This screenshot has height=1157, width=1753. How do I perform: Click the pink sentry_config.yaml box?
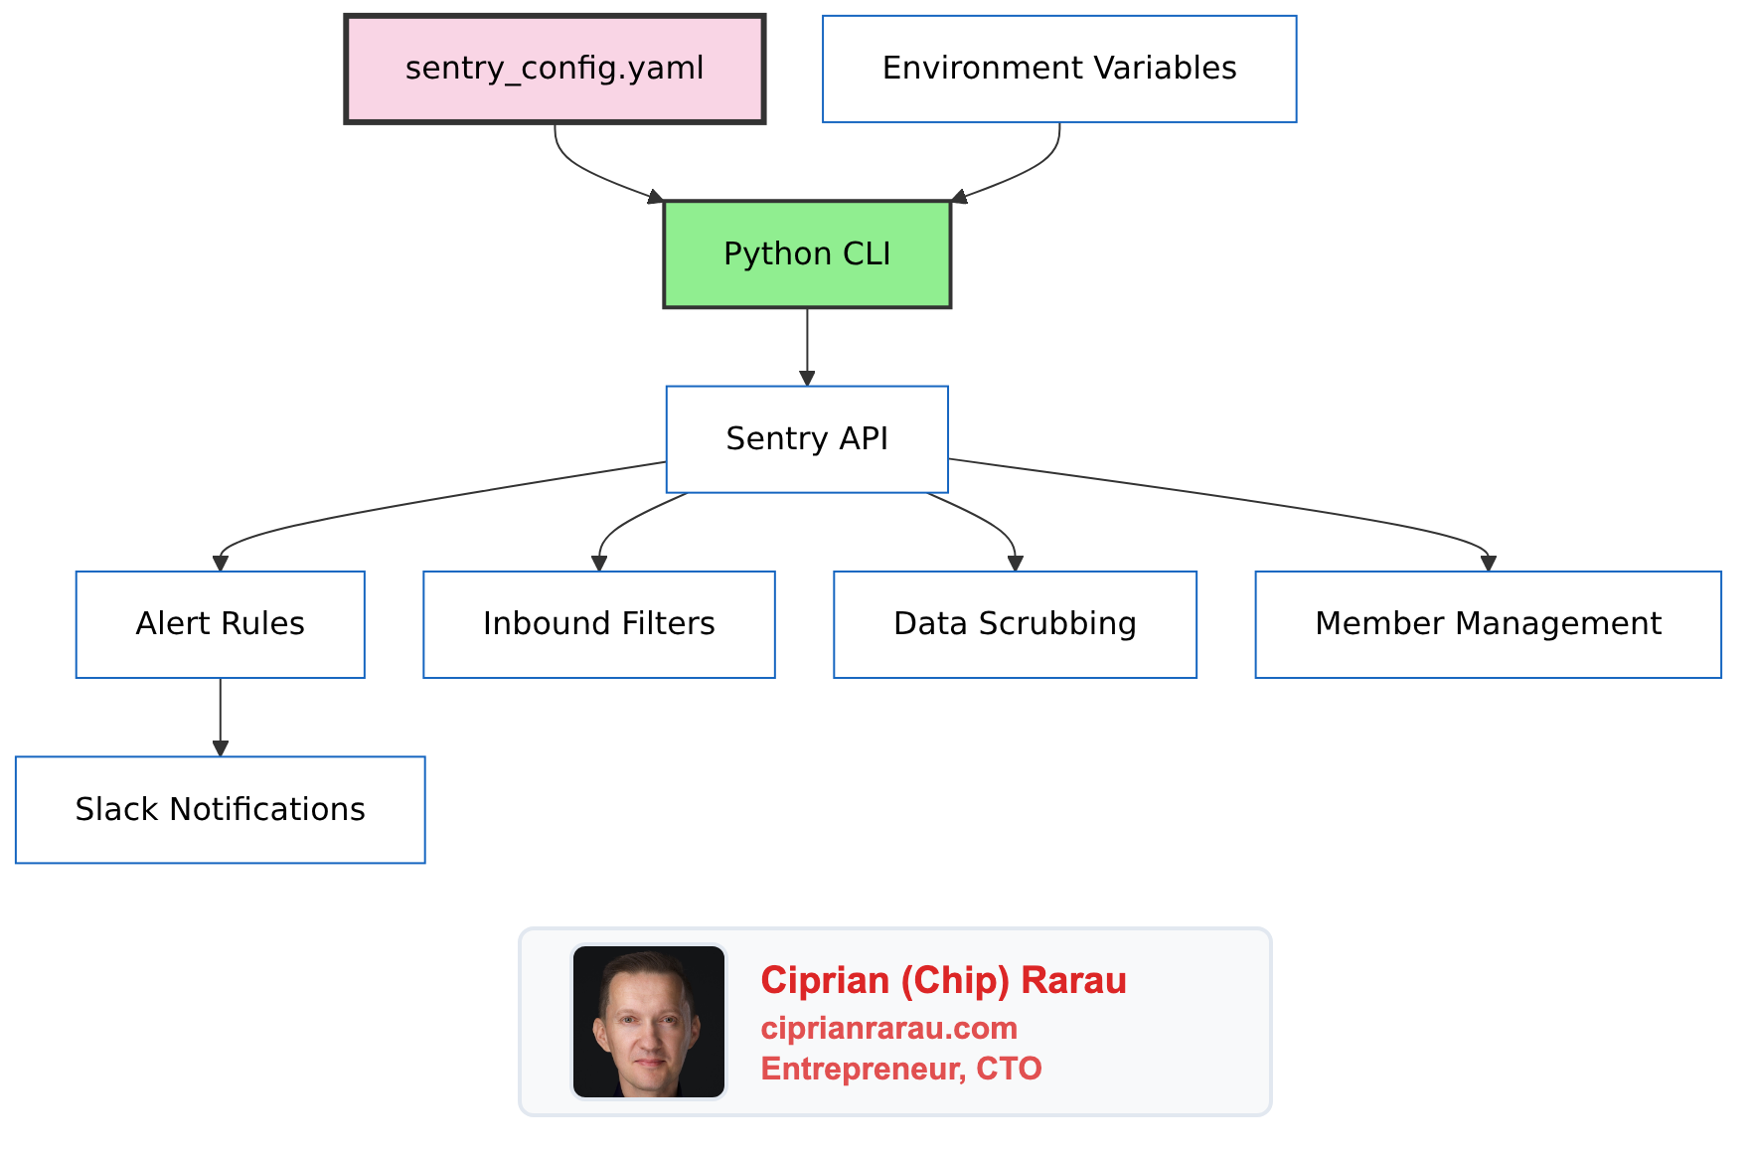click(555, 69)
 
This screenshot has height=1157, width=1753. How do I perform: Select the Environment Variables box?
click(1059, 69)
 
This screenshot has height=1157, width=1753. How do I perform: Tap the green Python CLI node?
click(807, 254)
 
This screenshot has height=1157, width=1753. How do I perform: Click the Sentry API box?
click(807, 439)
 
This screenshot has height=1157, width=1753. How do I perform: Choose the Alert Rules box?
click(220, 624)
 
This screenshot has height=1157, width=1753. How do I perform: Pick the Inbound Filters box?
click(598, 624)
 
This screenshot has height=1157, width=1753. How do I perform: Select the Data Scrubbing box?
click(1015, 624)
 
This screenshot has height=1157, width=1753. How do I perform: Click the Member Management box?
click(1488, 624)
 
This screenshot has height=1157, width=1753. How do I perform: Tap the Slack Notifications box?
click(220, 810)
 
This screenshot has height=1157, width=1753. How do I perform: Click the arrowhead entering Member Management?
click(1488, 564)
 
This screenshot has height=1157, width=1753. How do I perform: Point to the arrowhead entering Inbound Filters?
click(599, 564)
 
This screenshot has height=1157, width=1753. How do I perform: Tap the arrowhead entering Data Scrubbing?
click(1015, 564)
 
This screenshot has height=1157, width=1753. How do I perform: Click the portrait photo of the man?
click(649, 1022)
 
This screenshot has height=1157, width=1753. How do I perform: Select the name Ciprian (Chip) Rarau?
click(943, 981)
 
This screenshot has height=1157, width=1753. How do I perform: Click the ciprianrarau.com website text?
click(888, 1028)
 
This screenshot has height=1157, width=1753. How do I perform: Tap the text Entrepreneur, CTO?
click(900, 1069)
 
